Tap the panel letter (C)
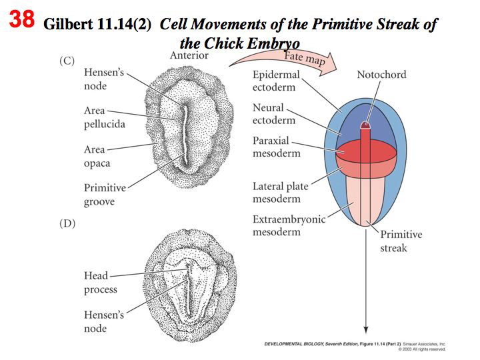tap(66, 61)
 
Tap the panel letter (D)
tap(67, 224)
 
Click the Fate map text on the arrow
tap(304, 60)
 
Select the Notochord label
tap(381, 75)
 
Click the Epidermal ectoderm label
tap(276, 81)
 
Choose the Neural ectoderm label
tap(273, 113)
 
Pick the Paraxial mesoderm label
tap(276, 147)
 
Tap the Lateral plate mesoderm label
tap(281, 192)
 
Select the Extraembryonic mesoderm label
tap(289, 225)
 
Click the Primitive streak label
tap(401, 241)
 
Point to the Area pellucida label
tap(104, 117)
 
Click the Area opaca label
tap(97, 157)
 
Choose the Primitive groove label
tap(104, 195)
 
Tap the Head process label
tap(100, 283)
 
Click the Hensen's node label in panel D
tap(103, 321)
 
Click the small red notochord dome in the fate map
tap(365, 125)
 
